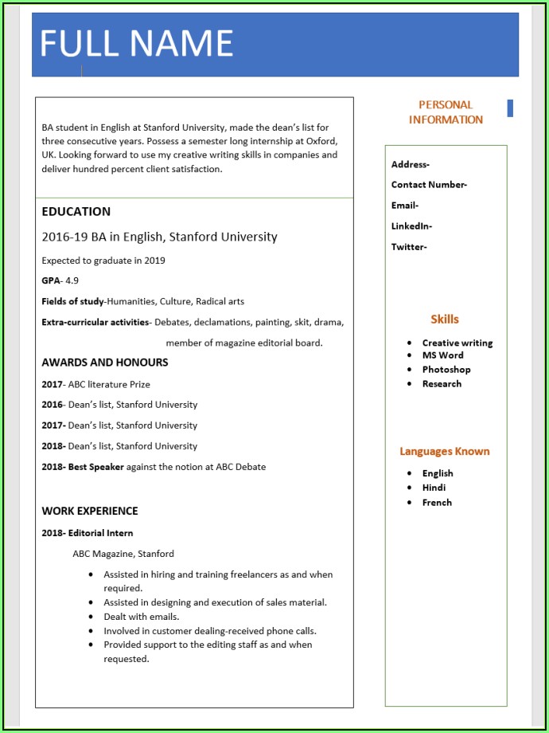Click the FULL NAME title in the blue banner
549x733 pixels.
(x=136, y=43)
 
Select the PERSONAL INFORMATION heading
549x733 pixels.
(x=446, y=112)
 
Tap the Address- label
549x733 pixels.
(x=410, y=165)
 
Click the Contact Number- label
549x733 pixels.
(x=429, y=185)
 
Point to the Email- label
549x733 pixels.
(x=404, y=206)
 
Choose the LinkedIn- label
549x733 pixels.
(x=411, y=226)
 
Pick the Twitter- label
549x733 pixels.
(x=409, y=247)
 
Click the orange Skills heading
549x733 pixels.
(x=445, y=319)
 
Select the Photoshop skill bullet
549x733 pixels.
(x=446, y=370)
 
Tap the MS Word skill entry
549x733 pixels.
(x=442, y=355)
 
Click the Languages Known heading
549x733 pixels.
(x=445, y=452)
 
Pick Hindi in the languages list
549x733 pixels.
(x=434, y=488)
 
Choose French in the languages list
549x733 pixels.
(x=437, y=503)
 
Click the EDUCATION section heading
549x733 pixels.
(x=76, y=212)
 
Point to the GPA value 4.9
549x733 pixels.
(x=72, y=281)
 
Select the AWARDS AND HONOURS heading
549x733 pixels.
(x=105, y=363)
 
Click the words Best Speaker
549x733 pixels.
(x=95, y=467)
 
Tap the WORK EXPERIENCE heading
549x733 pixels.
(x=90, y=512)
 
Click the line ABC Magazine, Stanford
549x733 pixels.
(x=123, y=554)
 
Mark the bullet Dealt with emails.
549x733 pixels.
(x=141, y=617)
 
